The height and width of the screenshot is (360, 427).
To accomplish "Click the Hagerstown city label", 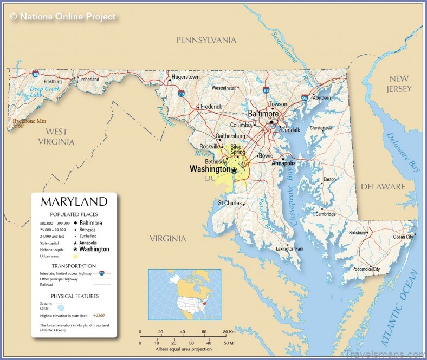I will [x=185, y=77].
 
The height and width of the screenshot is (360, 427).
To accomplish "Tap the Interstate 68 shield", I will [x=35, y=74].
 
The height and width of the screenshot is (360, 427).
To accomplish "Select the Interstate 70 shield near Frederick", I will [x=182, y=94].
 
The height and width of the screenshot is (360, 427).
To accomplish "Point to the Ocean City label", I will [x=403, y=237].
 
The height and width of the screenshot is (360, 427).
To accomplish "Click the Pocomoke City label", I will [x=366, y=269].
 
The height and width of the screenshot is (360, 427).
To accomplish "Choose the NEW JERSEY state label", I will [x=399, y=84].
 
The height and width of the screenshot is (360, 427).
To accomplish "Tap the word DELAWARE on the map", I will [x=383, y=187].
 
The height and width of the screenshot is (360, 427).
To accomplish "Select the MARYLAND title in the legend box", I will [x=74, y=202].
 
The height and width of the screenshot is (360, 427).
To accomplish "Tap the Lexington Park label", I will [x=290, y=249].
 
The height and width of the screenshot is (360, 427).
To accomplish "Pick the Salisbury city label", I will [x=358, y=232].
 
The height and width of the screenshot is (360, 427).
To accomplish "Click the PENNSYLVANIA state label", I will [x=206, y=40].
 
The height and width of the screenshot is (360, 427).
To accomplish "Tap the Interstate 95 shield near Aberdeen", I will [x=305, y=98].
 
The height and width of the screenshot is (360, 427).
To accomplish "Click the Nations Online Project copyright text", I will [x=63, y=17].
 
